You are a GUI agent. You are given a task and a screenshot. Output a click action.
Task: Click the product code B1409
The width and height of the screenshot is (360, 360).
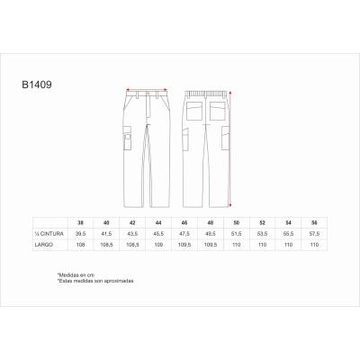37,90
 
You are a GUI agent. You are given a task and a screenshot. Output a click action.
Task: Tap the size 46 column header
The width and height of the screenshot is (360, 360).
185,221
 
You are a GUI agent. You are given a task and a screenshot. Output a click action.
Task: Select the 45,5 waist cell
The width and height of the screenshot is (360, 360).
159,232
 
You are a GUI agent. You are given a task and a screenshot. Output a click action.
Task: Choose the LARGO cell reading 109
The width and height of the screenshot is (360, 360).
159,243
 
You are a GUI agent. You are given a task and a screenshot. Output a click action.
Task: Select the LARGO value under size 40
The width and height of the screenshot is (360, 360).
107,243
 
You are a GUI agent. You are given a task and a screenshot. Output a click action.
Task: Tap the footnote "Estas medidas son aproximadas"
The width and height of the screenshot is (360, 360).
95,280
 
